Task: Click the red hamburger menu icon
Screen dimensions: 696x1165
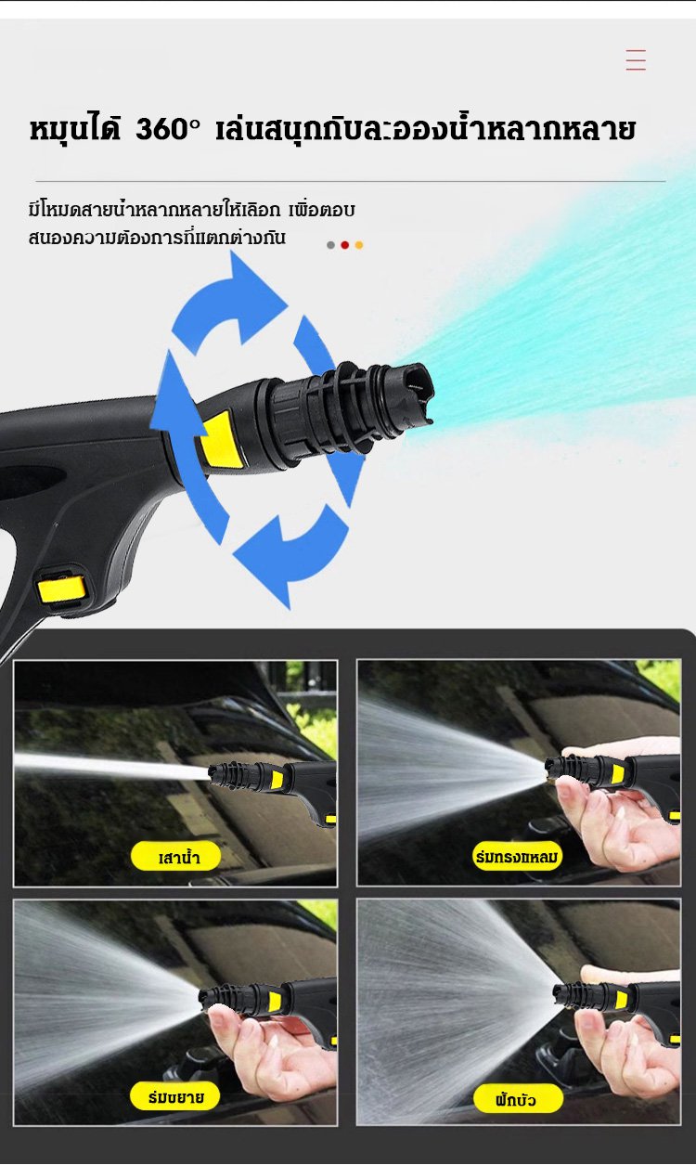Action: click(636, 59)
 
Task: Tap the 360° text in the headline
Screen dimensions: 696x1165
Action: click(168, 130)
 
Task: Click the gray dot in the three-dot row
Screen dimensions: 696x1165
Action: click(330, 245)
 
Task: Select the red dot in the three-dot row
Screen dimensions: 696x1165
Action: click(344, 245)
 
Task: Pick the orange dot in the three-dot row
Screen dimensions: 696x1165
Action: click(358, 245)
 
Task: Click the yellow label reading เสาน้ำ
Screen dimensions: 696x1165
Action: click(176, 857)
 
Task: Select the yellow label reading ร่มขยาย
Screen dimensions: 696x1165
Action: click(175, 1096)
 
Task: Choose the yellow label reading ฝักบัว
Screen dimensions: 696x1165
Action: click(518, 1099)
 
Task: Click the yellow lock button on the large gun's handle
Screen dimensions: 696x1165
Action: click(61, 589)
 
